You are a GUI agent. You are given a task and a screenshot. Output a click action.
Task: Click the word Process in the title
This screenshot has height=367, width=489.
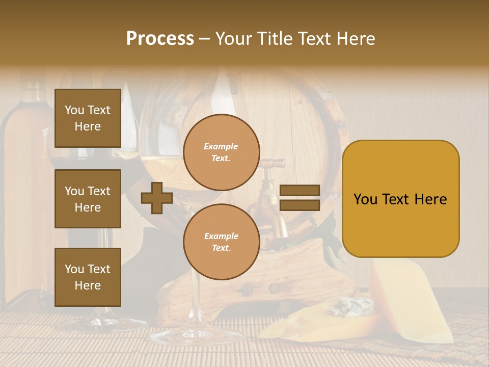[x=160, y=39]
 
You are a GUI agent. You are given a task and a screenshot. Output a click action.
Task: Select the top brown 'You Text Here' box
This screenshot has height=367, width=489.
[x=88, y=118]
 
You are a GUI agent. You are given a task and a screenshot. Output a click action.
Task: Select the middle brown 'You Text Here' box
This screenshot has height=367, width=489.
[x=88, y=199]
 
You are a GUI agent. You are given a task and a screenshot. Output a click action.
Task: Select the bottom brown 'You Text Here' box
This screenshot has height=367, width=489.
[x=88, y=277]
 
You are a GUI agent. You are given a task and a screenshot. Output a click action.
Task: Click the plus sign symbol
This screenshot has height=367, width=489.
[x=157, y=198]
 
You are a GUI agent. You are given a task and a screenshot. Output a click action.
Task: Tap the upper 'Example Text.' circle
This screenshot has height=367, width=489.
[x=221, y=152]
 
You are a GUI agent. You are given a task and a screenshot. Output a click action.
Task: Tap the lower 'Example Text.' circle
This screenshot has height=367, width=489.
[x=221, y=242]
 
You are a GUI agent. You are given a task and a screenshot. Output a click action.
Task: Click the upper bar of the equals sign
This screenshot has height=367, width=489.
[x=300, y=191]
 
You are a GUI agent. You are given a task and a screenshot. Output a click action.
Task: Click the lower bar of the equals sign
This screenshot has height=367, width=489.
[x=300, y=205]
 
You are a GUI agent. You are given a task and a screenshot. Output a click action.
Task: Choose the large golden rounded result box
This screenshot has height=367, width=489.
[x=400, y=199]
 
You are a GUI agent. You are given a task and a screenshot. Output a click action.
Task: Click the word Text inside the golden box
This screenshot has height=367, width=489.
[x=400, y=199]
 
